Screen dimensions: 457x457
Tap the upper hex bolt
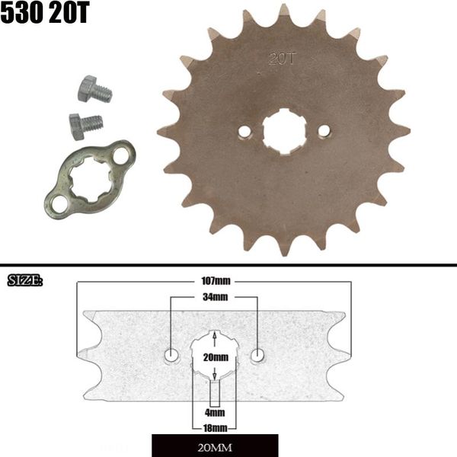click(x=94, y=90)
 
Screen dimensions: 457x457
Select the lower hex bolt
click(x=85, y=124)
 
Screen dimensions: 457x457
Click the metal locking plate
click(x=89, y=177)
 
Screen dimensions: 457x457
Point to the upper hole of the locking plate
click(x=120, y=155)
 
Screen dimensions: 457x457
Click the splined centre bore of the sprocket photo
click(x=284, y=131)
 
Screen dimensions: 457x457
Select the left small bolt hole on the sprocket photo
click(x=244, y=132)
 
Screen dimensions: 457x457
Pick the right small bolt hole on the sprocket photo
click(x=324, y=131)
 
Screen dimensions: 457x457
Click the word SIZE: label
click(x=24, y=281)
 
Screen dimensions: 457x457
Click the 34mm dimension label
click(x=216, y=297)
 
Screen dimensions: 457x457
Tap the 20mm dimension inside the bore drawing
click(x=216, y=356)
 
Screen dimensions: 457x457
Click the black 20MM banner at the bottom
click(x=215, y=445)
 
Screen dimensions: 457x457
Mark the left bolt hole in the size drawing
click(x=172, y=355)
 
